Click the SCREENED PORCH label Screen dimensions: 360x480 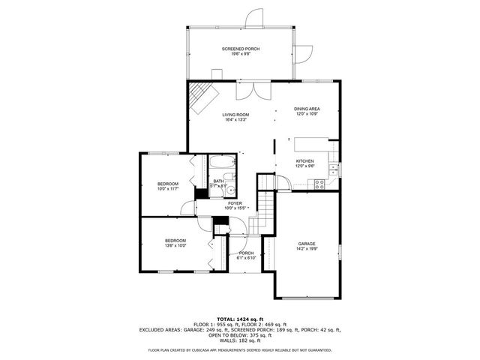point(240,49)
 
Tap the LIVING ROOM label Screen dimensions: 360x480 point(235,114)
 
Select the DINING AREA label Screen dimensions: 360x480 point(306,109)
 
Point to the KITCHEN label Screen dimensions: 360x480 point(304,161)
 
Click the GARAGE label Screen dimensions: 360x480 point(306,244)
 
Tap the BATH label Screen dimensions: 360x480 point(218,181)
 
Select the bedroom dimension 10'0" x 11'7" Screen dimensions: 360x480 point(168,189)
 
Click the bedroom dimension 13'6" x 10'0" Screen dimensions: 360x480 point(175,245)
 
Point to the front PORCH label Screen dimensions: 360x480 point(246,253)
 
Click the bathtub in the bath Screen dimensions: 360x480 point(222,164)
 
